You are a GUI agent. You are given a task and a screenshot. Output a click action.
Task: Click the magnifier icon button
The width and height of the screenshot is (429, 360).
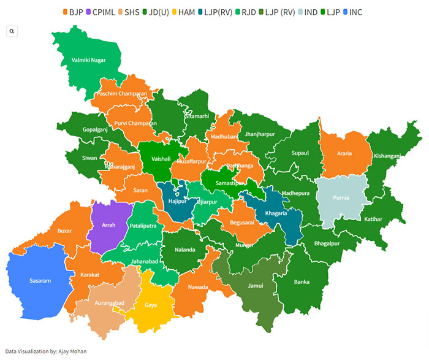tap(12, 31)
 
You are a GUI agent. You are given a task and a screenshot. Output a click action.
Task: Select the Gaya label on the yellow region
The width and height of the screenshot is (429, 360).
tap(151, 304)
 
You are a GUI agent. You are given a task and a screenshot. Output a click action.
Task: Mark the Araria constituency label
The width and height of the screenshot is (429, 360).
tap(344, 153)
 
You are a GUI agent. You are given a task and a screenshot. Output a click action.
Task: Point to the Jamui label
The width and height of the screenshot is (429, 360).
tap(256, 285)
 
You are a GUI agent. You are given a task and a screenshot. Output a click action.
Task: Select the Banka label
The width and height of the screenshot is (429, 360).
tap(302, 282)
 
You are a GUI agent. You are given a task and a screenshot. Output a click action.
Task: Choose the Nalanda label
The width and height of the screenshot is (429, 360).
tap(184, 250)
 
